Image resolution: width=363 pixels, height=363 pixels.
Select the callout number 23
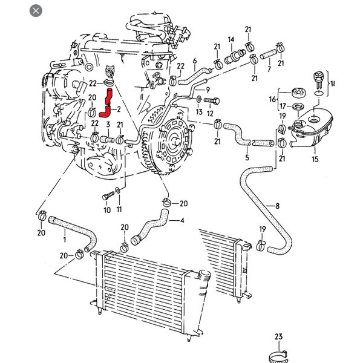tap(278, 336)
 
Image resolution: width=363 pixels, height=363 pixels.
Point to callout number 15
tap(314, 159)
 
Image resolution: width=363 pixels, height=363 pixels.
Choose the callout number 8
tap(278, 206)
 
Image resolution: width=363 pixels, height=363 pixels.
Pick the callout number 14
tap(231, 40)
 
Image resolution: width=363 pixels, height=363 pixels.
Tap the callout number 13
tap(198, 113)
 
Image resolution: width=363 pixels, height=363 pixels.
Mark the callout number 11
tap(119, 209)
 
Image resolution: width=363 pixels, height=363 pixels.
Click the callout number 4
tap(182, 220)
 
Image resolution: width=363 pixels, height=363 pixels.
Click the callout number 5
tap(247, 159)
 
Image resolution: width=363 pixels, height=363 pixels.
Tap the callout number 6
tap(195, 61)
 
